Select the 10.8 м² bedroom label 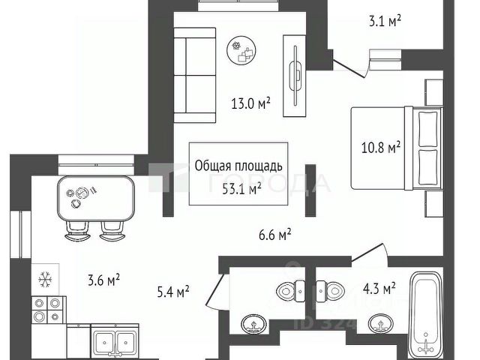tap(381, 147)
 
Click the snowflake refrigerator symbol tap(43, 279)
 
